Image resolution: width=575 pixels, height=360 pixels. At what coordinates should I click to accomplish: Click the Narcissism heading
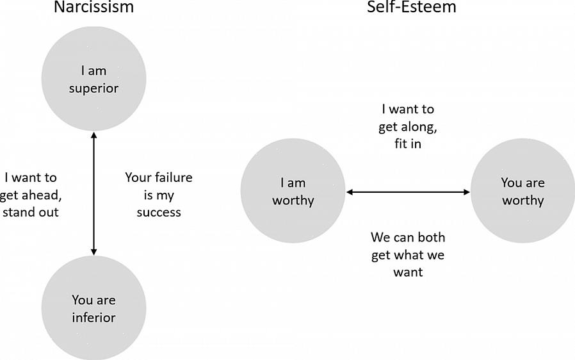(x=93, y=8)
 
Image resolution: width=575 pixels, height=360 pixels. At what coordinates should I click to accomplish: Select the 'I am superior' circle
(x=93, y=79)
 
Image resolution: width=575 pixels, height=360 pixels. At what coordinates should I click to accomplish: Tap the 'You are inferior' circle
(x=93, y=308)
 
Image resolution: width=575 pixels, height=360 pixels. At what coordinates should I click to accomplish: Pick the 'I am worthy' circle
(x=293, y=191)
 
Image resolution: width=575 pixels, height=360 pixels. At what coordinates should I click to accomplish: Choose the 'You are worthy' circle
(x=522, y=191)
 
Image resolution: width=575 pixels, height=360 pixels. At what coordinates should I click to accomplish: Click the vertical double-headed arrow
(x=94, y=192)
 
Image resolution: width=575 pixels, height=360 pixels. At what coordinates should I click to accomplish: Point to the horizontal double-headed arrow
(x=408, y=192)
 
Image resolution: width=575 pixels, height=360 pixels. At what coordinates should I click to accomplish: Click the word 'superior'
(x=93, y=88)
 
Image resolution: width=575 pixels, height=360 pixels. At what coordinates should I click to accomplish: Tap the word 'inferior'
(x=93, y=317)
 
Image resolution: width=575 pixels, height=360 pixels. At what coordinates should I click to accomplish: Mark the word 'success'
(x=159, y=212)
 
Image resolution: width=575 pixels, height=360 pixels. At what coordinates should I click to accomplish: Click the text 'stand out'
(x=30, y=212)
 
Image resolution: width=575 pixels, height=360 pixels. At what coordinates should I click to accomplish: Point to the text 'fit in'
(x=408, y=144)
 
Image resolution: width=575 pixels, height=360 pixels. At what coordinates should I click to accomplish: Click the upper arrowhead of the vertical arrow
(x=94, y=135)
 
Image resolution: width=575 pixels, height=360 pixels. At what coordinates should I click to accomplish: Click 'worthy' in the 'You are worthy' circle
(x=522, y=200)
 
